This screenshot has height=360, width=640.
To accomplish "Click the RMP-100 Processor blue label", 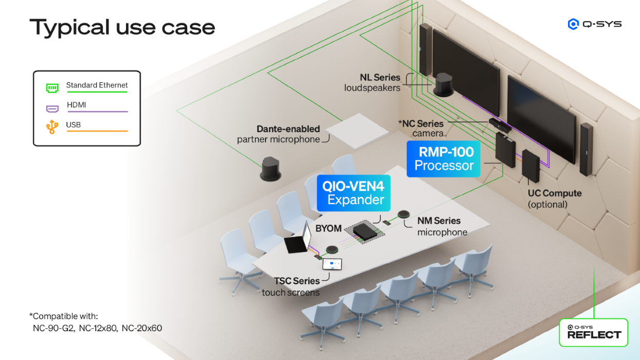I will point(443,159).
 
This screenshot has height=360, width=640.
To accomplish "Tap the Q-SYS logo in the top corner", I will point(594,24).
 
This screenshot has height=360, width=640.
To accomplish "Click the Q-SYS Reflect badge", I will point(594,332).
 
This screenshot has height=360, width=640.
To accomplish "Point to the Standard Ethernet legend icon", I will point(52,88).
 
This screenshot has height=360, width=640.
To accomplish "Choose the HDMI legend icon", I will point(52,109).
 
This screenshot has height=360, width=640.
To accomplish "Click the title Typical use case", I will point(122,27).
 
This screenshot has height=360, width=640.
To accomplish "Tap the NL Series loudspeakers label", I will point(372,82).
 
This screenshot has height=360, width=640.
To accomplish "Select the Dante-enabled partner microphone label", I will point(279,134).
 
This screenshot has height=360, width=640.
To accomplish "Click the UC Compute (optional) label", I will point(555,199).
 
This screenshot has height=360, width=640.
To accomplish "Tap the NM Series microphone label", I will point(441,226).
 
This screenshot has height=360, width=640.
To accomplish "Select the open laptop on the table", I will point(300,241).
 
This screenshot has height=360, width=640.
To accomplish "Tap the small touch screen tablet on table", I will point(332,264).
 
